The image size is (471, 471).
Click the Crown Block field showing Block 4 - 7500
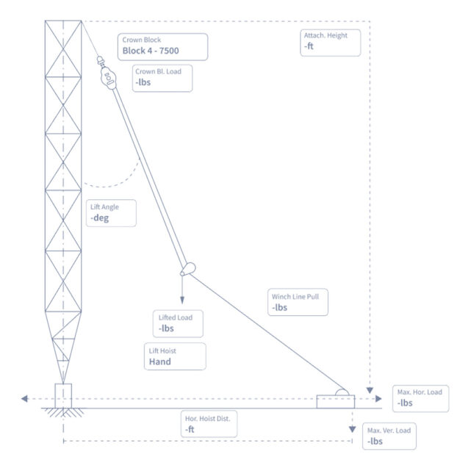click(x=162, y=46)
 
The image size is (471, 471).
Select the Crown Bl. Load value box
click(x=162, y=79)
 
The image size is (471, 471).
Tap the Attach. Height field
click(x=331, y=42)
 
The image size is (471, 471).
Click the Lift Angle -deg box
click(x=112, y=213)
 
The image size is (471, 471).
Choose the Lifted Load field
click(x=179, y=323)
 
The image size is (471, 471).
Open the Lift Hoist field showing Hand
click(x=175, y=356)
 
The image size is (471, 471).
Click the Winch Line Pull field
click(x=297, y=303)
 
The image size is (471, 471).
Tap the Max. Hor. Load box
click(x=419, y=398)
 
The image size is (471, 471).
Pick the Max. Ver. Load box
click(x=389, y=436)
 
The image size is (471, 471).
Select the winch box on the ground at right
click(x=335, y=401)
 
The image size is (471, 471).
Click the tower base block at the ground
click(x=63, y=395)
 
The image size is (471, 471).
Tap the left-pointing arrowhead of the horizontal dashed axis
click(x=26, y=399)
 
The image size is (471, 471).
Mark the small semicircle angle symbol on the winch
click(x=342, y=392)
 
